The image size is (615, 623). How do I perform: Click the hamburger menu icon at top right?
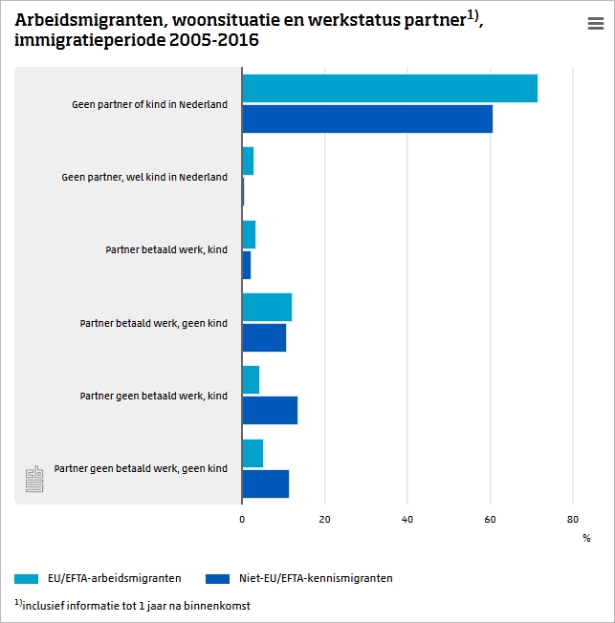click(x=595, y=25)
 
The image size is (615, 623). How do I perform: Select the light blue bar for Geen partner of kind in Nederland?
click(x=389, y=88)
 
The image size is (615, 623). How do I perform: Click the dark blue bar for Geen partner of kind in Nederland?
click(x=367, y=118)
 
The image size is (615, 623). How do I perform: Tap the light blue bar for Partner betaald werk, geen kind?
click(x=267, y=308)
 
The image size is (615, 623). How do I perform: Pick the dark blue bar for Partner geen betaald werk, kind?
click(x=270, y=410)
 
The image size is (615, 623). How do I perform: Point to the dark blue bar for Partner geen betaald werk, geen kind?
click(x=265, y=483)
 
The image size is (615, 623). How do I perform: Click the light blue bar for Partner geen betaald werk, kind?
click(x=251, y=379)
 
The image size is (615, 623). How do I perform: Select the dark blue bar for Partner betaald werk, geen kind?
click(x=264, y=337)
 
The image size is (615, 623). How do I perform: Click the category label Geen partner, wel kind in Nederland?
click(x=144, y=177)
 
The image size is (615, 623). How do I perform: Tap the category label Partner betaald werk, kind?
click(x=166, y=249)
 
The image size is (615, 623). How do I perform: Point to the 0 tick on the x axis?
click(x=242, y=520)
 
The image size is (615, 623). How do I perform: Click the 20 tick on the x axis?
click(x=324, y=520)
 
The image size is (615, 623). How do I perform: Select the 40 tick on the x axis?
click(x=407, y=520)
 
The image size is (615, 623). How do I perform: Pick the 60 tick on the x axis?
click(x=490, y=520)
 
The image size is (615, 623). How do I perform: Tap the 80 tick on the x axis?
click(x=573, y=520)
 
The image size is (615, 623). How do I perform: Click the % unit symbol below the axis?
click(x=586, y=538)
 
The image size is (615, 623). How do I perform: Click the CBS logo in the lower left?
click(x=34, y=480)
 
